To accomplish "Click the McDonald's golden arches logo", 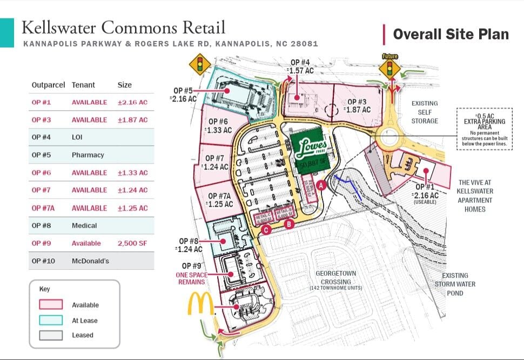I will (x=201, y=304).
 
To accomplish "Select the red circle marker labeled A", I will (x=321, y=185).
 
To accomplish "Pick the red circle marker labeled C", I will (x=266, y=230).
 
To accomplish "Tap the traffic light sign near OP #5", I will (x=199, y=64).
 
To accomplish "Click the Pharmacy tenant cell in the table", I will (x=87, y=155).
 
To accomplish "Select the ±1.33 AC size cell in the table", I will (x=132, y=173).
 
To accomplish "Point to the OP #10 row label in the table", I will (x=43, y=261).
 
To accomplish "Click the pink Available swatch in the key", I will (x=51, y=305).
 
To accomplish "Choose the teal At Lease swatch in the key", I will (x=51, y=320).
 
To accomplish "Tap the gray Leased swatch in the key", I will (x=51, y=335).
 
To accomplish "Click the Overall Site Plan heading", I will (x=451, y=35).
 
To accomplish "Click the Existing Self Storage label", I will (x=425, y=112).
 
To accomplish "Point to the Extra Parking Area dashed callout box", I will (x=484, y=129).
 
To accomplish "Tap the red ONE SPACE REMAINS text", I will (x=191, y=278).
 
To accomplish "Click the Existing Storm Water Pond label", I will (x=455, y=284).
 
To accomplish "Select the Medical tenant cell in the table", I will (x=84, y=226).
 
